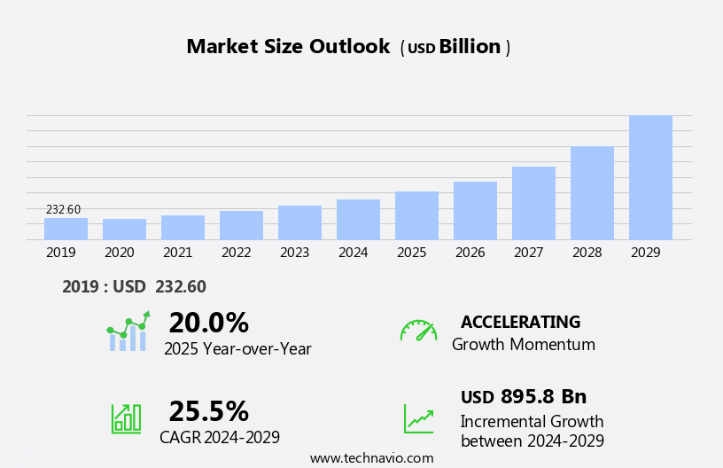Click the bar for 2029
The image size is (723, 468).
point(650,177)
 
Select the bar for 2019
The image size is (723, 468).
point(66,229)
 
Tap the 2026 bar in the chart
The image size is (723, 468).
point(475,211)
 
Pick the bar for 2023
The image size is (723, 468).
point(299,222)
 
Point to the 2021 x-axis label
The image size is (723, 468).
point(177,253)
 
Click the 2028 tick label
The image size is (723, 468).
point(587,253)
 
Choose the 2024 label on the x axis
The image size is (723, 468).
point(353,253)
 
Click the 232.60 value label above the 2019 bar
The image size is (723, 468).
point(64,210)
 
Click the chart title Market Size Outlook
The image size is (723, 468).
point(288,47)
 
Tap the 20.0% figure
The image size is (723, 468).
point(208,323)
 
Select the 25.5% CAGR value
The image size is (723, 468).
point(208,411)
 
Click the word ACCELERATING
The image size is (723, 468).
point(520,322)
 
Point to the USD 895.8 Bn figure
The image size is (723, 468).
point(524,396)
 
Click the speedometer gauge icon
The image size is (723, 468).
point(418,331)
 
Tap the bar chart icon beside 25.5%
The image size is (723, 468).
point(126,417)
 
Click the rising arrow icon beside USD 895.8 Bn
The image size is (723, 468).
point(418,418)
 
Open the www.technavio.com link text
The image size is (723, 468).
point(371,458)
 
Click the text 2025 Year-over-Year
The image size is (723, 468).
point(237,349)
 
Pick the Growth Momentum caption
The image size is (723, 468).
point(523,345)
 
